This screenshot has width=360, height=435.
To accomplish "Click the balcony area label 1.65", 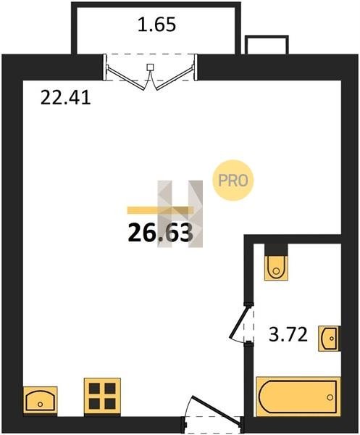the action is [157, 25].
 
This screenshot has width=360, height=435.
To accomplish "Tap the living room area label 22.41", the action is [66, 98].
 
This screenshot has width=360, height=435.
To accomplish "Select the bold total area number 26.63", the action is [160, 233].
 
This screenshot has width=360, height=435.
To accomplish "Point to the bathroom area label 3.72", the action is [288, 334].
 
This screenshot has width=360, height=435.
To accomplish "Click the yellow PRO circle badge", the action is [233, 181].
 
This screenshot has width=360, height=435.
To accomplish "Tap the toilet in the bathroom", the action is [276, 268].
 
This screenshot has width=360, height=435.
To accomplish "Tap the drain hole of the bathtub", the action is [330, 397].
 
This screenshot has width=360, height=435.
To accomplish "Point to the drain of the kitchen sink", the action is [41, 405].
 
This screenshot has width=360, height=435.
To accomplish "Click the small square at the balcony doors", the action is [150, 67].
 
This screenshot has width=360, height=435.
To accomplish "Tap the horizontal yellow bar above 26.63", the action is [160, 210].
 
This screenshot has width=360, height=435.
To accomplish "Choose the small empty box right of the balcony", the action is [267, 45].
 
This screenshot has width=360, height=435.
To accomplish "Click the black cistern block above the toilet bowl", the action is [276, 250].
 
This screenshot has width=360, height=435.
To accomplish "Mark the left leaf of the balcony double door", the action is [126, 78].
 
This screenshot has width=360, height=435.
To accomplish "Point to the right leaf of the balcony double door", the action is [175, 78].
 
